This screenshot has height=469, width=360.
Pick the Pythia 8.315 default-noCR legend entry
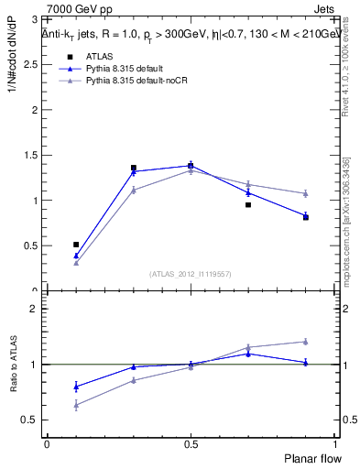(129, 81)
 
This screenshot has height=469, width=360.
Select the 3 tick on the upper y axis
(35, 19)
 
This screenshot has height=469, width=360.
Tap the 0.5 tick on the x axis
(190, 444)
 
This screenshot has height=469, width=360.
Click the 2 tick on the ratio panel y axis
(35, 309)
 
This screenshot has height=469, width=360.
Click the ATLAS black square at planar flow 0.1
(76, 245)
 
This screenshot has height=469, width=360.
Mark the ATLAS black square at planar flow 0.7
(248, 205)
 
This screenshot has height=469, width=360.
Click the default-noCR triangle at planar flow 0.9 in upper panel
(305, 193)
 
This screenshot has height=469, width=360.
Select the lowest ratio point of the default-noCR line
(76, 404)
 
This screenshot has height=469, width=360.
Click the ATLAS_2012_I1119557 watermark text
(190, 274)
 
